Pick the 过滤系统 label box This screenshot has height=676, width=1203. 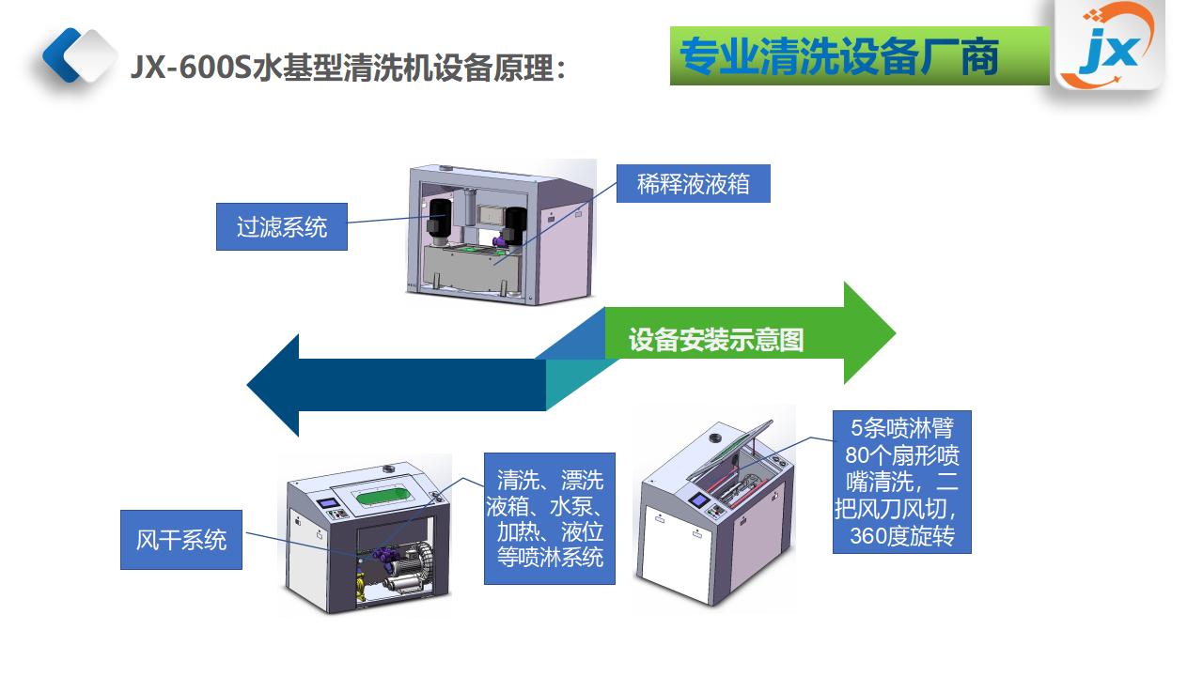(x=282, y=227)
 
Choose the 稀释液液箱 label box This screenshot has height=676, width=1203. (x=694, y=184)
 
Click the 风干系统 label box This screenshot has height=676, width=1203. (x=181, y=540)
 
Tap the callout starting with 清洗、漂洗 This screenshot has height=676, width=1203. (x=550, y=519)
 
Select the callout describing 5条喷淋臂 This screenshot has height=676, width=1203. (x=902, y=482)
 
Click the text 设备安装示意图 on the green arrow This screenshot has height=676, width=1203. (x=716, y=340)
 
